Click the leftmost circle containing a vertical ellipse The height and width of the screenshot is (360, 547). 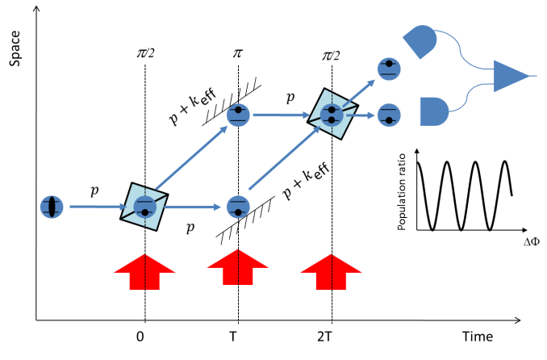tap(52, 207)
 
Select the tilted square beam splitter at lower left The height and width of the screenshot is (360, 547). tap(144, 207)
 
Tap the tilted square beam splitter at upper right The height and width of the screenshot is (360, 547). tap(332, 115)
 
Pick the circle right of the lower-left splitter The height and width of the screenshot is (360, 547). tap(238, 207)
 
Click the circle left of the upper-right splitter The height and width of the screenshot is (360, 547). tap(238, 115)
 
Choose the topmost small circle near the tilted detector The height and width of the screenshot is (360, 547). tap(389, 69)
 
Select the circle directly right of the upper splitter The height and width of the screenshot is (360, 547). tap(389, 115)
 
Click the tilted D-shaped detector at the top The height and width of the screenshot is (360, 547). tap(420, 41)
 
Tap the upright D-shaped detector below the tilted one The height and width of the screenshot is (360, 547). tap(434, 111)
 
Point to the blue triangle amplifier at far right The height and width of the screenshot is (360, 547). tap(510, 76)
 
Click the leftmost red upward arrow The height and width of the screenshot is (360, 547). tap(144, 272)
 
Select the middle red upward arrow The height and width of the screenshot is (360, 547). tap(238, 267)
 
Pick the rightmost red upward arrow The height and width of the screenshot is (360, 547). tap(332, 272)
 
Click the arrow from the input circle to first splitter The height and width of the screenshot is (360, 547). tap(97, 207)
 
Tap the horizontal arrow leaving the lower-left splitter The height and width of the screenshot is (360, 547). tap(192, 207)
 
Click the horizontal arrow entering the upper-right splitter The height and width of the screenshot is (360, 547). tap(281, 115)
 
